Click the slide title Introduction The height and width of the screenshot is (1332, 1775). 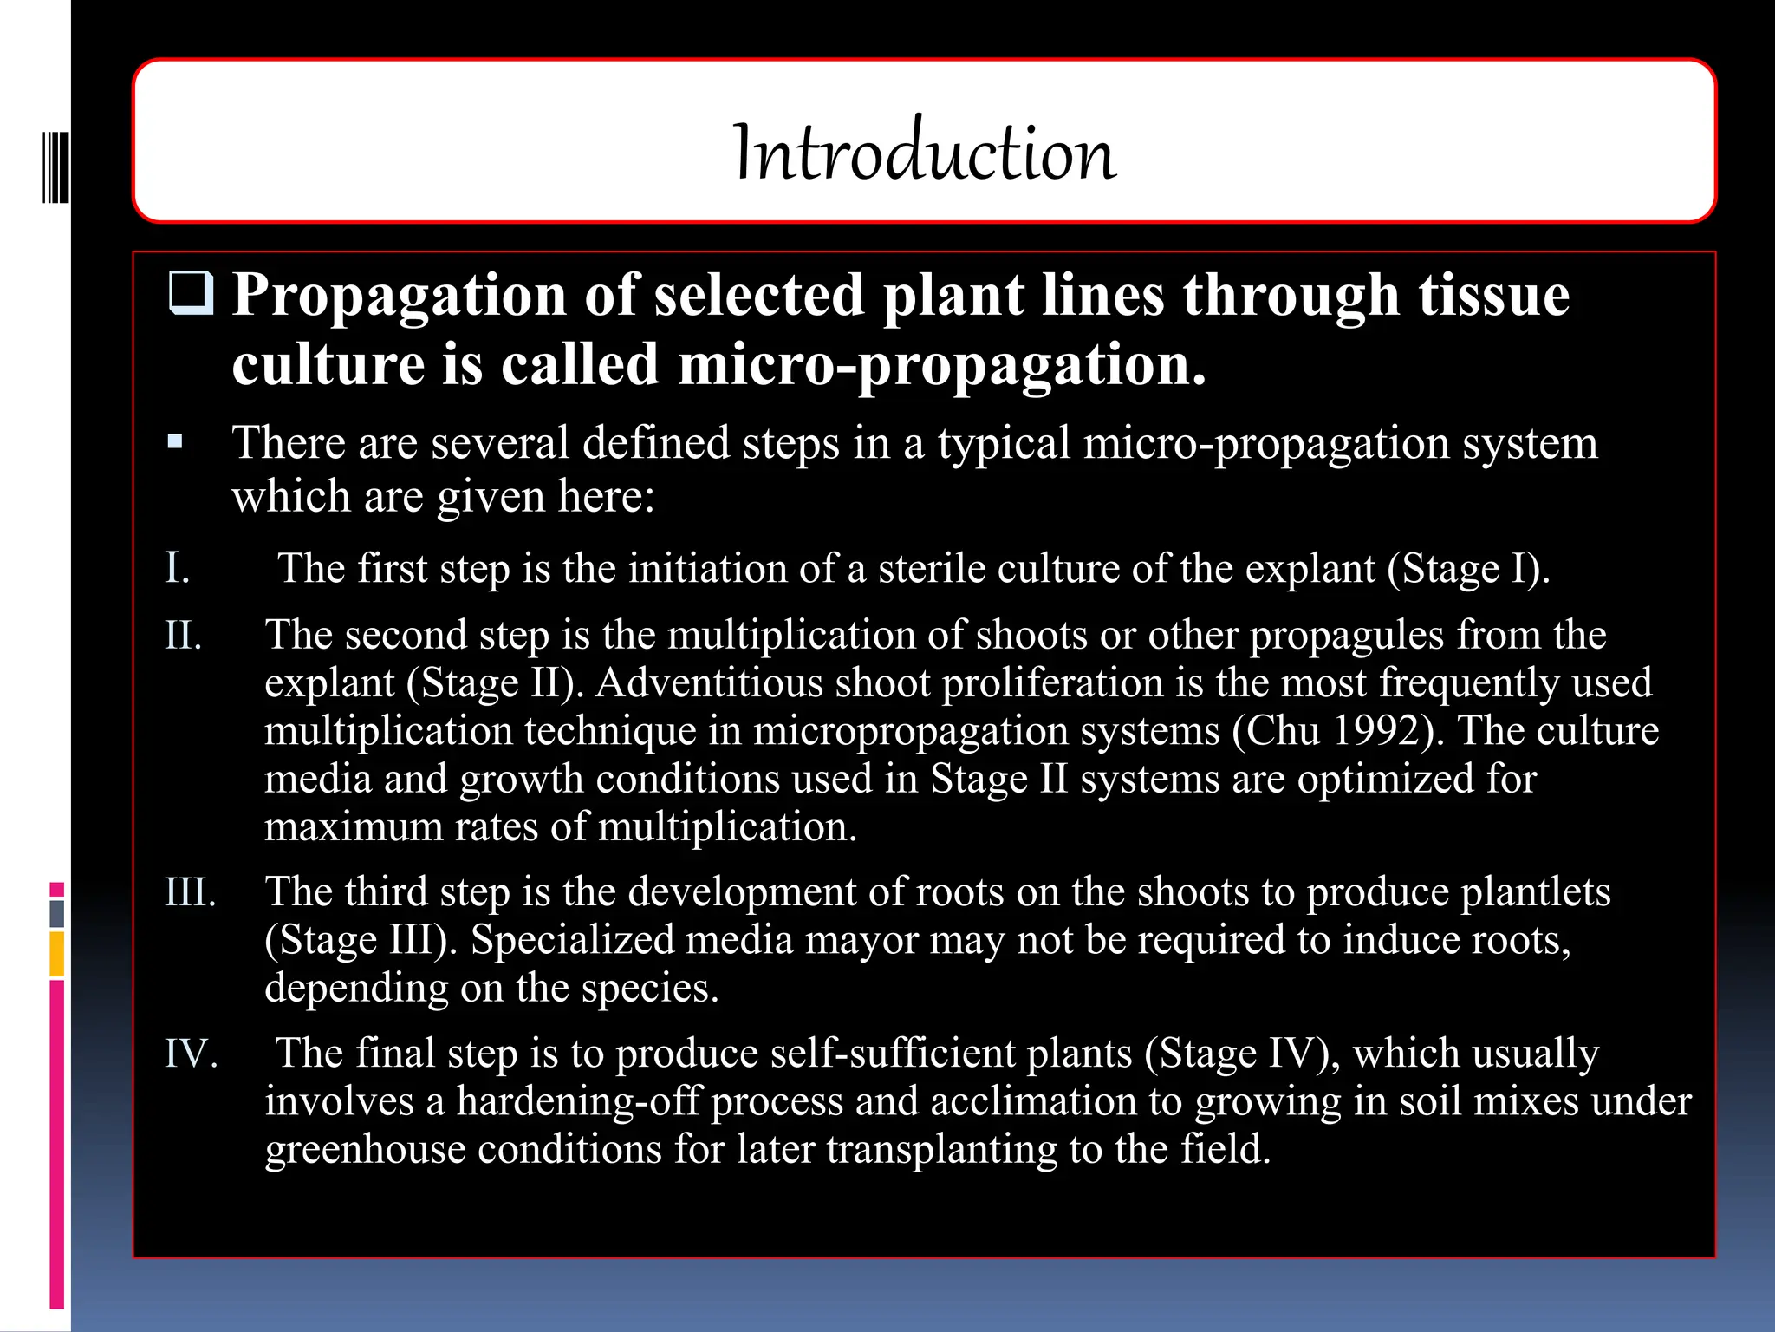[x=925, y=153]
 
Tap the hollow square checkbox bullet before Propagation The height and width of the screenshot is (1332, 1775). [x=190, y=293]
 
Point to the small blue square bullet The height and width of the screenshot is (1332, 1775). [x=176, y=442]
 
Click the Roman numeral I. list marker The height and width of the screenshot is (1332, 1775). [x=178, y=568]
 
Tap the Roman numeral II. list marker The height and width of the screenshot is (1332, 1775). [x=184, y=636]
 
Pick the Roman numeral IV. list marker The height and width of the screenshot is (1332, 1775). [x=191, y=1054]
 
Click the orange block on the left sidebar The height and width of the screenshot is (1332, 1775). [x=57, y=954]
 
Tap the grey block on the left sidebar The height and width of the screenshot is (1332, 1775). [x=57, y=914]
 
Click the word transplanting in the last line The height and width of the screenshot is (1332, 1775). [x=941, y=1150]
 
